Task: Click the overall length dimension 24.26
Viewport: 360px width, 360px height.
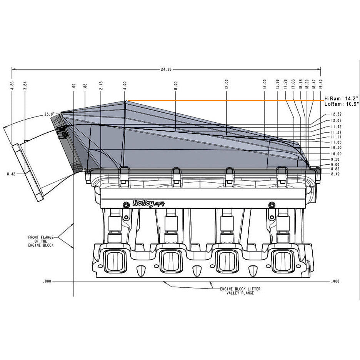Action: pyautogui.click(x=166, y=69)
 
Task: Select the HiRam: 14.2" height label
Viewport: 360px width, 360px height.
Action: pyautogui.click(x=341, y=98)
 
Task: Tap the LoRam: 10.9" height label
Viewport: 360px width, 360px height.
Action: pyautogui.click(x=341, y=104)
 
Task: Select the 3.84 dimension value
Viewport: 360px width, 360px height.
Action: pyautogui.click(x=25, y=85)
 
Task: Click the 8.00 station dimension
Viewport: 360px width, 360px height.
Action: pyautogui.click(x=175, y=85)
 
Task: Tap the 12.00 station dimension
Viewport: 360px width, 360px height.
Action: pyautogui.click(x=227, y=84)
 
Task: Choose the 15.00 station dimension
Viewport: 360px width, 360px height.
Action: pyautogui.click(x=265, y=84)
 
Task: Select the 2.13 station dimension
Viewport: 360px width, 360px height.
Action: pyautogui.click(x=100, y=85)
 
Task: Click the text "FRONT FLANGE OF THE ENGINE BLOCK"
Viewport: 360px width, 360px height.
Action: pyautogui.click(x=43, y=241)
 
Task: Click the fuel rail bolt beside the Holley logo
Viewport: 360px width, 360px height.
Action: pyautogui.click(x=125, y=203)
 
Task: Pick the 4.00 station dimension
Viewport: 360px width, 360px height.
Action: pyautogui.click(x=124, y=85)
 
